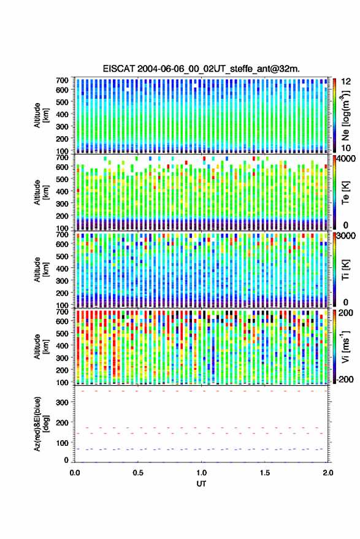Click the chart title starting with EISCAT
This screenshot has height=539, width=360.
click(x=201, y=69)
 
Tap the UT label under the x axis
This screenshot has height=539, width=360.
click(x=201, y=484)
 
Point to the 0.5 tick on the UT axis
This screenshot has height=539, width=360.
click(x=138, y=473)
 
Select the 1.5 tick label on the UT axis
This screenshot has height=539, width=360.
click(x=265, y=473)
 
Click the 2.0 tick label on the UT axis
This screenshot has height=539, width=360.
click(x=328, y=473)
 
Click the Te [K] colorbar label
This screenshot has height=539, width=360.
click(x=345, y=193)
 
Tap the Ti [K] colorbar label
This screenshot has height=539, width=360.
click(x=345, y=270)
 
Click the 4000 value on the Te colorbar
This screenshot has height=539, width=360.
click(x=347, y=159)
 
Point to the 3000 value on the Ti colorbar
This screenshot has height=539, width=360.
click(x=347, y=236)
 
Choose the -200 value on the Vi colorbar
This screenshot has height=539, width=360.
click(x=344, y=380)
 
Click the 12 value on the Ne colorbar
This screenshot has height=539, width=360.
click(x=346, y=82)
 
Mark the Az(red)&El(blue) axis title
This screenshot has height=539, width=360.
click(x=42, y=424)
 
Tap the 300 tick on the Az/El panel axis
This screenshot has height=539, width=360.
click(x=62, y=402)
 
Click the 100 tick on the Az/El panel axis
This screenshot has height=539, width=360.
click(x=62, y=443)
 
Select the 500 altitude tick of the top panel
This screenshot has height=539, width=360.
click(x=62, y=102)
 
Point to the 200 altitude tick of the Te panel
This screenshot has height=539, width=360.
click(x=62, y=216)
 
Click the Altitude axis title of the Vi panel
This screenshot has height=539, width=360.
click(x=42, y=346)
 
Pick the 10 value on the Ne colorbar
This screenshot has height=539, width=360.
click(x=346, y=148)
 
